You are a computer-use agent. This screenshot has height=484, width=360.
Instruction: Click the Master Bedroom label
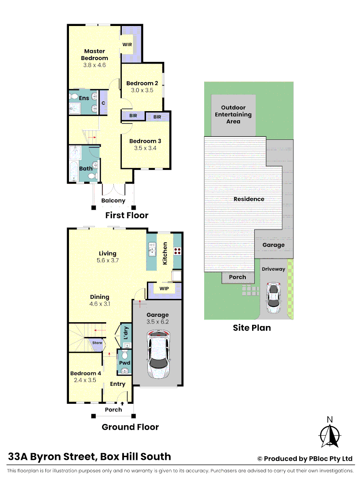pos(94,55)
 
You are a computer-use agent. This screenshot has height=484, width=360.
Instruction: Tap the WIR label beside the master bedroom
pos(127,45)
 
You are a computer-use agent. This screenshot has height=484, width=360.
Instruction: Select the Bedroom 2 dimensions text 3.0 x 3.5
pos(142,90)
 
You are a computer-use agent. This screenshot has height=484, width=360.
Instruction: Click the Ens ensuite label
pos(84,98)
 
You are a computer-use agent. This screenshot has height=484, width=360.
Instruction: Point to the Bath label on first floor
pos(86,169)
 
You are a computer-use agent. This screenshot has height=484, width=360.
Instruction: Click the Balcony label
pos(113,200)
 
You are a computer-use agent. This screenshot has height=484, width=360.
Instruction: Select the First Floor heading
pos(127,216)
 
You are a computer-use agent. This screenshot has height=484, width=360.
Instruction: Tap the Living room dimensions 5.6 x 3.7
pos(107,260)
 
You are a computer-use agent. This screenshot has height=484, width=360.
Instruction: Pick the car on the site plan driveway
pos(273,298)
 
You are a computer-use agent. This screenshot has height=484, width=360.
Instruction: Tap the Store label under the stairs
pos(97,343)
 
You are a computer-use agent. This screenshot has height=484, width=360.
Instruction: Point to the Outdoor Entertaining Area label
pos(233,114)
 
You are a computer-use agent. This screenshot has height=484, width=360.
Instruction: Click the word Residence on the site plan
pos(249,199)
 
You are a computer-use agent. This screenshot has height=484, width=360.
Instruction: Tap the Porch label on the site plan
pos(237,277)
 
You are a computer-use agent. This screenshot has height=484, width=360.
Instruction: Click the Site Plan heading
pos(252,328)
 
